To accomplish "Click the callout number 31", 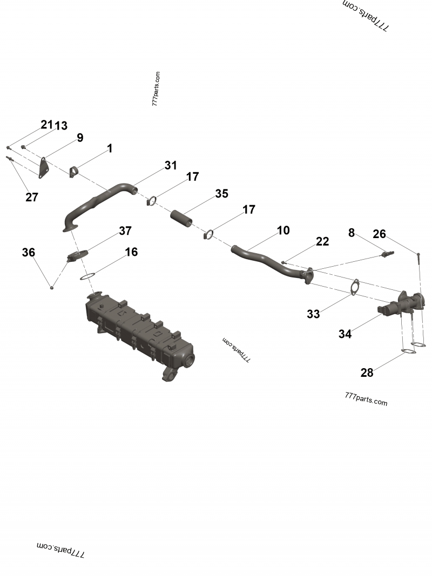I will [171, 166].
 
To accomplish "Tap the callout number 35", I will [221, 194].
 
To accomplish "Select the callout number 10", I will [283, 231].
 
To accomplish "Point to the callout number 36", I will [29, 252].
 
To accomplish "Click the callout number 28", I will [367, 372].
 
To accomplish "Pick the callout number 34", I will [345, 334].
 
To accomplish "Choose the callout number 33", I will [313, 314].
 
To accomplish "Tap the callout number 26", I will [380, 234].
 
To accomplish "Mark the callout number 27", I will [32, 198].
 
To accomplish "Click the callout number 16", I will [131, 252].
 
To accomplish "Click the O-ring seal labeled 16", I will [87, 277].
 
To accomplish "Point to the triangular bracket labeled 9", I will [42, 166].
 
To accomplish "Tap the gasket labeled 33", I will [354, 287].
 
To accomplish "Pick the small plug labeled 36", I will [52, 287].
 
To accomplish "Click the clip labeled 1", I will [75, 172].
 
